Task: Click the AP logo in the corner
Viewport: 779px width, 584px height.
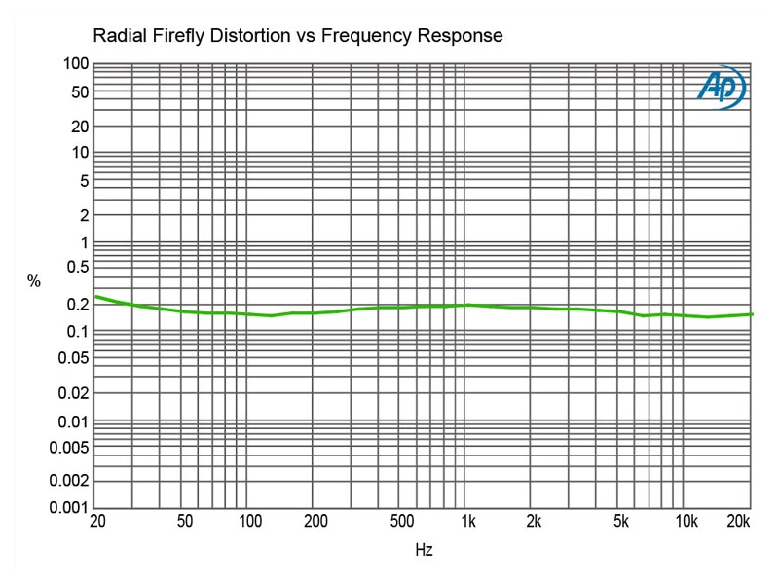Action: [x=721, y=88]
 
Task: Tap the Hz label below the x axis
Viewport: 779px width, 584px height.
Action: [x=424, y=550]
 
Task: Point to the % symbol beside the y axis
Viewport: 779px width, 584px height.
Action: [x=34, y=282]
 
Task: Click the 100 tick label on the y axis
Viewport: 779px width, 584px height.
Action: [x=77, y=65]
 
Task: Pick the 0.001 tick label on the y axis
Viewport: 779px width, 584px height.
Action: [x=69, y=507]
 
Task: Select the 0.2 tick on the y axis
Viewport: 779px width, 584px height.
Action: [x=77, y=304]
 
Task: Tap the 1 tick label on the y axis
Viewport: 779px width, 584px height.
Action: [x=85, y=242]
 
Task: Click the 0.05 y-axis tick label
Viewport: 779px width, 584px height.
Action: [x=73, y=358]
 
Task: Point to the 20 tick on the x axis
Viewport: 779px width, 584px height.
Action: [x=97, y=522]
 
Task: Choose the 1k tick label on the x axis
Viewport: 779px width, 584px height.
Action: [x=468, y=522]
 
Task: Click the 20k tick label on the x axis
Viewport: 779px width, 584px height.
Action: [x=739, y=522]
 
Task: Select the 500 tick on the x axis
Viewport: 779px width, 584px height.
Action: [x=402, y=522]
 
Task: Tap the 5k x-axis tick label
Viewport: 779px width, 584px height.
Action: [x=621, y=522]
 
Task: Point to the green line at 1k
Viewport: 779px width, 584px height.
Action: [x=468, y=305]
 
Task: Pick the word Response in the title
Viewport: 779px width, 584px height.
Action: [x=460, y=37]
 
